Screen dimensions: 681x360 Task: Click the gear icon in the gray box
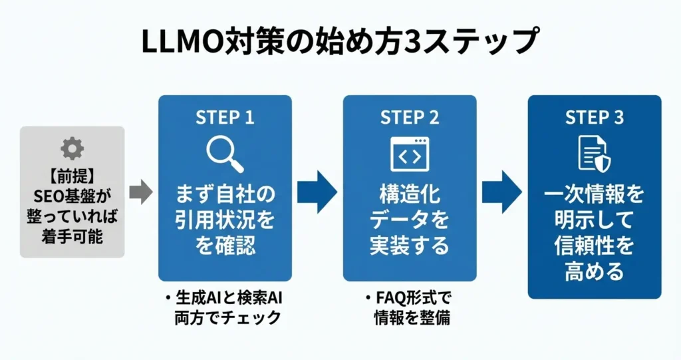click(72, 148)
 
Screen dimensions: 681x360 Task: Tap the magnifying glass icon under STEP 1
click(225, 154)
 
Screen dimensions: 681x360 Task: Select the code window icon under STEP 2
click(410, 154)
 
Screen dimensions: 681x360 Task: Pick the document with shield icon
click(595, 154)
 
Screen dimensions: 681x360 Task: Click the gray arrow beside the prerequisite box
click(141, 192)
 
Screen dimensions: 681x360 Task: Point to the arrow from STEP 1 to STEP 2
click(317, 192)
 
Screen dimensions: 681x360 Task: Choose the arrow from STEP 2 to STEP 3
click(502, 192)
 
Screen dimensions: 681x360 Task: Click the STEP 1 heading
click(225, 117)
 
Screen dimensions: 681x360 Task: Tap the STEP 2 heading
click(410, 117)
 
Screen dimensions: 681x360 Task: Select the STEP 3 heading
click(595, 117)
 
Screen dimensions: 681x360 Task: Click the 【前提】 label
click(72, 176)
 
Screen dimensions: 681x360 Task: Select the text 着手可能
click(72, 236)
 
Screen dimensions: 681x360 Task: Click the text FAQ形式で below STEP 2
click(412, 298)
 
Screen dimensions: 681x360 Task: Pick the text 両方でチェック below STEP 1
click(228, 318)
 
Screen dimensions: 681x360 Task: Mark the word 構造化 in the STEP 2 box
click(410, 194)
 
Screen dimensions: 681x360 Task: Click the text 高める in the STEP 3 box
click(595, 271)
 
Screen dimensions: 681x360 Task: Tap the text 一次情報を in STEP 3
click(595, 194)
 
